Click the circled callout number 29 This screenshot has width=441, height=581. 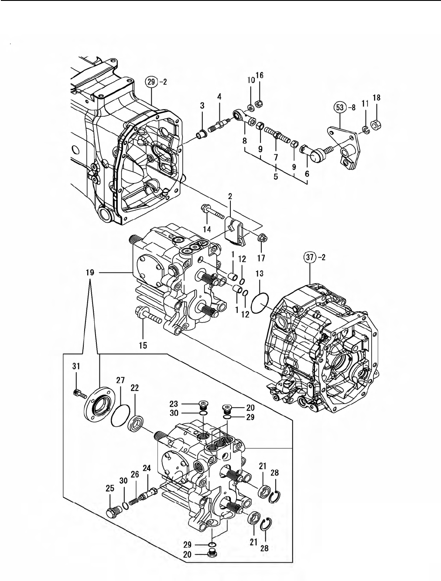point(151,82)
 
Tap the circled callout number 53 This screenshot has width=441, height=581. point(340,108)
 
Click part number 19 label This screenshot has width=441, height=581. point(90,272)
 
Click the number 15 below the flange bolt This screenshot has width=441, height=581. point(143,345)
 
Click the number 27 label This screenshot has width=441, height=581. point(120,381)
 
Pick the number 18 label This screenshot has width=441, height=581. point(376,98)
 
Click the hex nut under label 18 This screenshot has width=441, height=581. point(376,124)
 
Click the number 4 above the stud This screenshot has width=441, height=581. point(219,97)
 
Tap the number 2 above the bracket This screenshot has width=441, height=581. point(229,196)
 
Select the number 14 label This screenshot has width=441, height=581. point(207,230)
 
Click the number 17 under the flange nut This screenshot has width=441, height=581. point(261,258)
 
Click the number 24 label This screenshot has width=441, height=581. point(147,468)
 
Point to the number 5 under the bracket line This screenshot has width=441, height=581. point(276,177)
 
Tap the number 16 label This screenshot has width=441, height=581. point(260,75)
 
